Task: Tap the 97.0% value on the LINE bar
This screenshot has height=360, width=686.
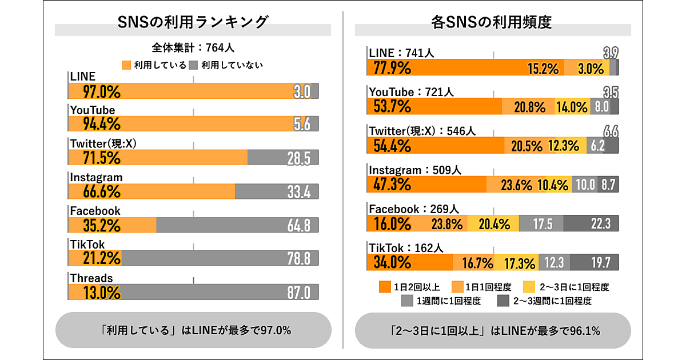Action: tap(94, 91)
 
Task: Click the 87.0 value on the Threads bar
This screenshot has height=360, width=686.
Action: tap(298, 293)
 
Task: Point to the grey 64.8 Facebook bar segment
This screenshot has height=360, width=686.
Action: tap(237, 225)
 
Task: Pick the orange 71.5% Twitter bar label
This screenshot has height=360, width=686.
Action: tap(94, 158)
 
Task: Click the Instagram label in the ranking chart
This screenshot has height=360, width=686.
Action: tap(96, 177)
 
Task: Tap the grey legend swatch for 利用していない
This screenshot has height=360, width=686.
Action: tap(194, 65)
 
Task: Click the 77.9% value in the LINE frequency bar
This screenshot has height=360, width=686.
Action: tap(392, 68)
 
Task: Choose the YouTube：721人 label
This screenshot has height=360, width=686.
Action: tap(411, 92)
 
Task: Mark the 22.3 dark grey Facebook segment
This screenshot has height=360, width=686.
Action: tap(591, 223)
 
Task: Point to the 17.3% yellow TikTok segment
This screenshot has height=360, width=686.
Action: tap(520, 263)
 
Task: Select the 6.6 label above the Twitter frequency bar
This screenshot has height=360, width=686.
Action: tap(611, 131)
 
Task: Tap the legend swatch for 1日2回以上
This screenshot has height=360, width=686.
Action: tap(384, 286)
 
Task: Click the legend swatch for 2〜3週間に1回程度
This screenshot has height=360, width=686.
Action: tap(503, 301)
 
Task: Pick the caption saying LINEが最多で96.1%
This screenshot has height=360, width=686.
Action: tap(493, 330)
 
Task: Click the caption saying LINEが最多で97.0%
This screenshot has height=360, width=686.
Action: tap(193, 330)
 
